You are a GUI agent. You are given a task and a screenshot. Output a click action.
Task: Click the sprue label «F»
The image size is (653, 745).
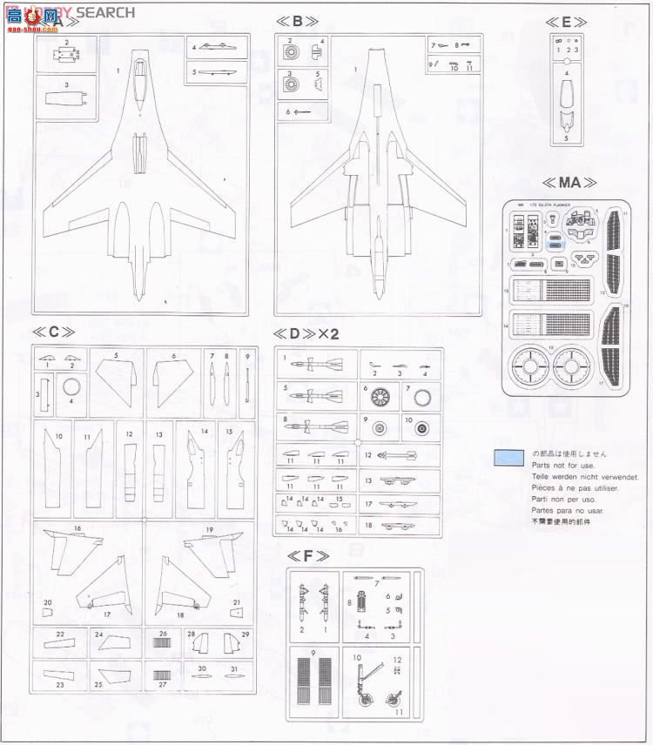tap(309, 555)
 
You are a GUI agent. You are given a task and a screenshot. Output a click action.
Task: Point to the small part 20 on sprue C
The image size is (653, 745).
tap(46, 613)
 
